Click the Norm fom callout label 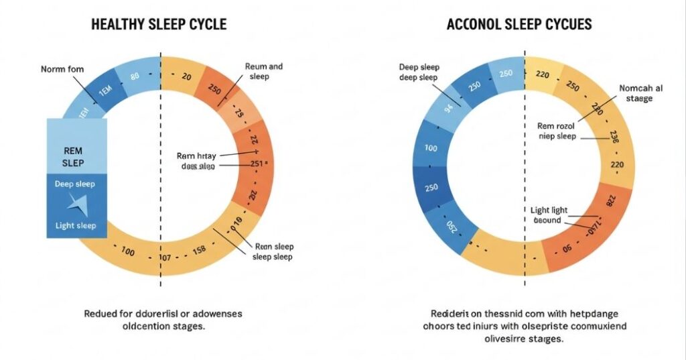click(x=62, y=69)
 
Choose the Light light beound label click(x=551, y=215)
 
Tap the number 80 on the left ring click(x=135, y=76)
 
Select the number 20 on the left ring click(x=186, y=77)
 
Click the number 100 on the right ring click(x=431, y=148)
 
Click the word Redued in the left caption click(x=100, y=314)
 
